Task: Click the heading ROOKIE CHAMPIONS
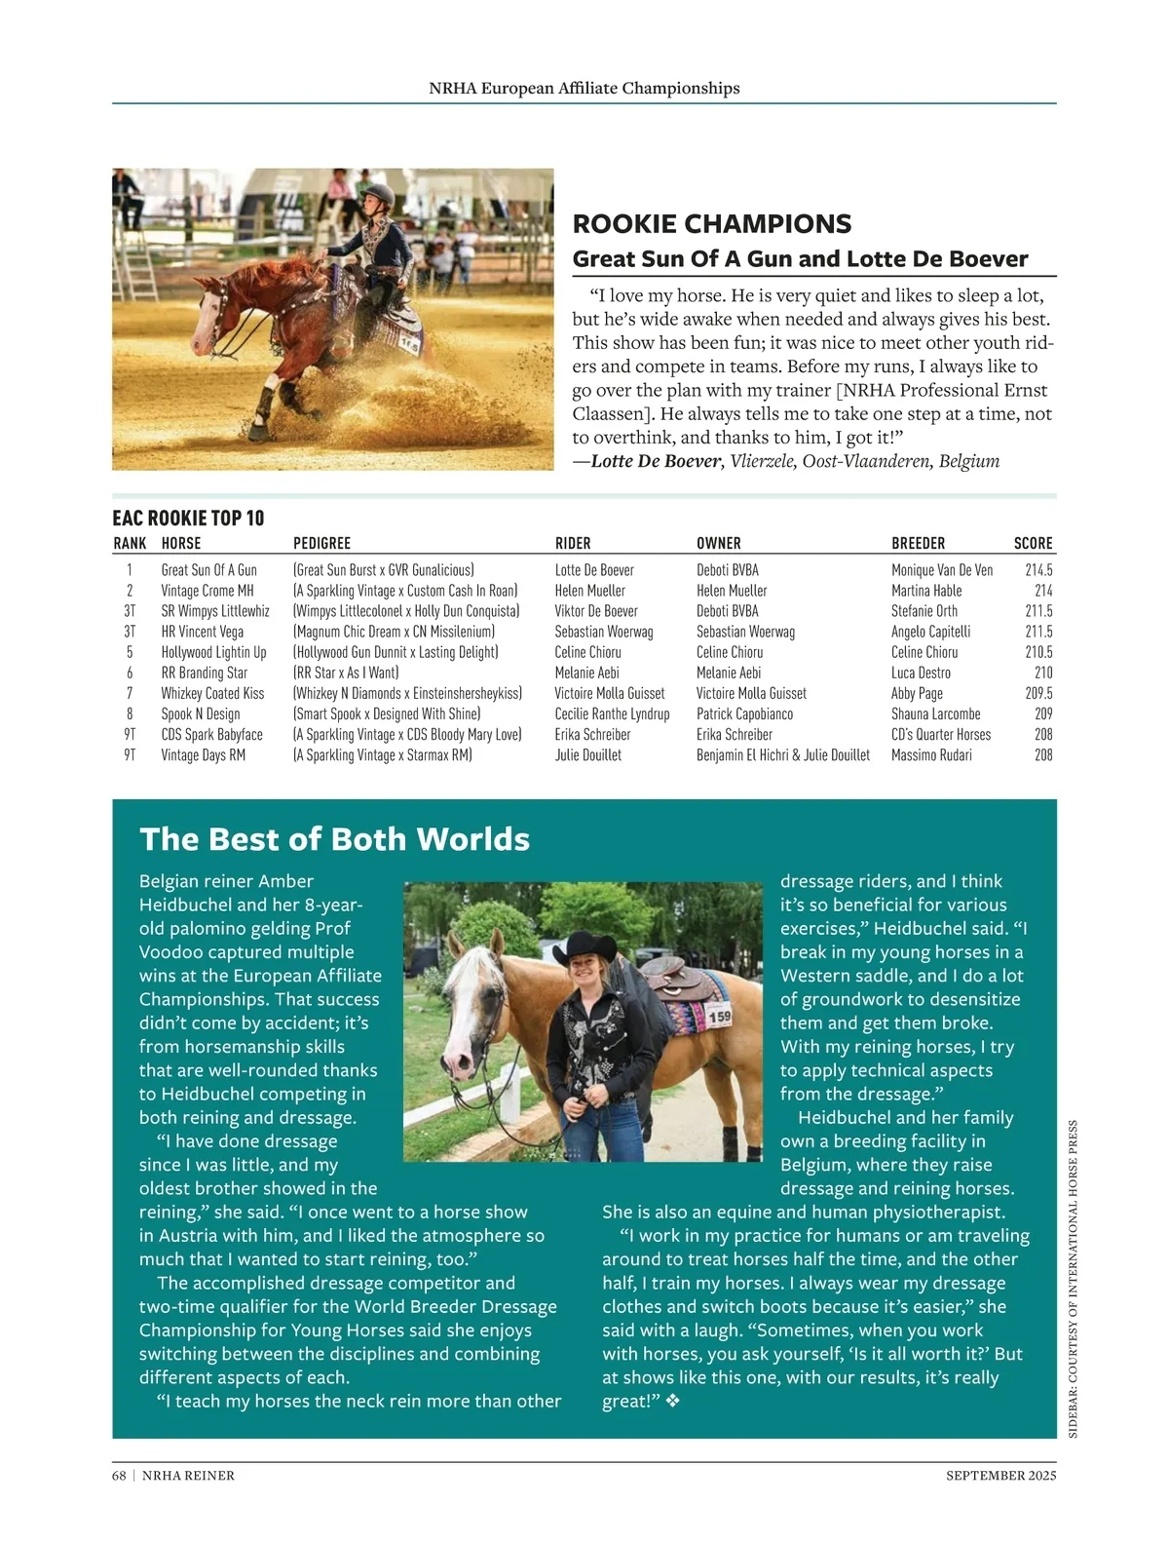coord(712,224)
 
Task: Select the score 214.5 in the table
coord(1038,570)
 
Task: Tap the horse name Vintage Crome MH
coord(207,591)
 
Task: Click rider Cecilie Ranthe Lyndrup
coord(612,713)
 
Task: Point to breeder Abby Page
coord(917,693)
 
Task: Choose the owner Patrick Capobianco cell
coord(744,713)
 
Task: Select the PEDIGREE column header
coord(321,543)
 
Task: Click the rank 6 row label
coord(130,673)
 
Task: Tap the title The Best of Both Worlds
coord(335,839)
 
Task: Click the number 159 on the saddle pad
coord(719,1018)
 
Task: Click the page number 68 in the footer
coord(119,1476)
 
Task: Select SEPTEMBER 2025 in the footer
coord(1000,1476)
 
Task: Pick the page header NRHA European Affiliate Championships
coord(584,88)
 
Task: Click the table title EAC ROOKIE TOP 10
coord(188,518)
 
